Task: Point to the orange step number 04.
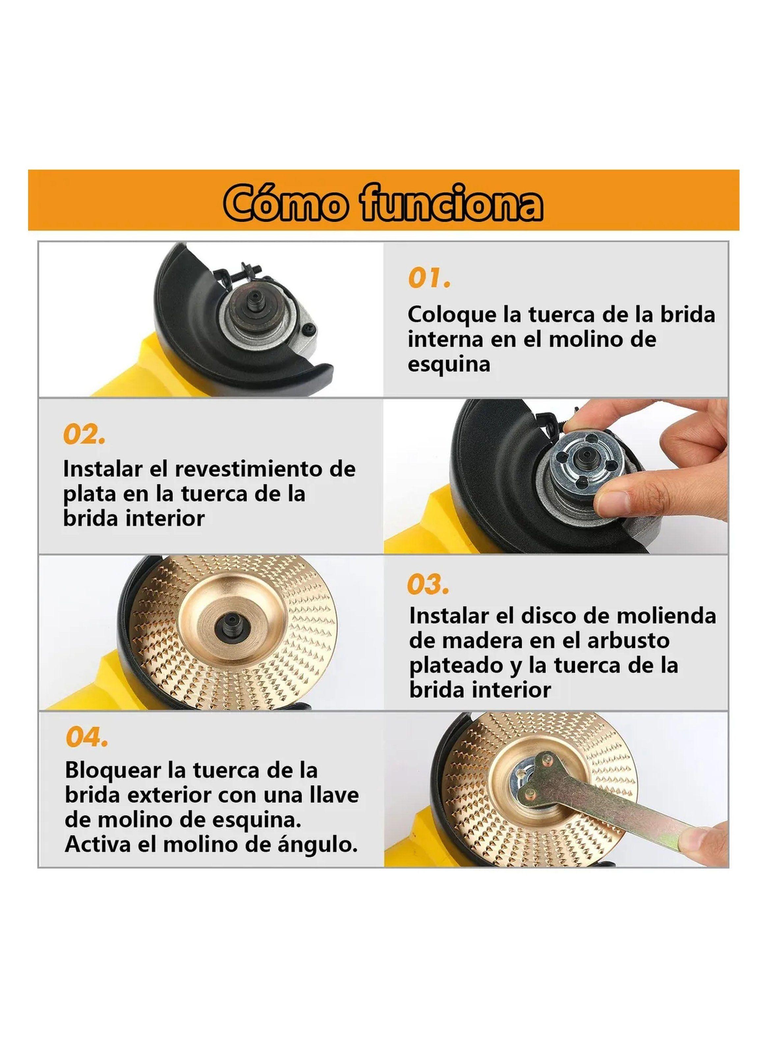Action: click(86, 738)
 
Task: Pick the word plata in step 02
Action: click(89, 494)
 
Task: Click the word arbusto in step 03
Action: click(607, 641)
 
